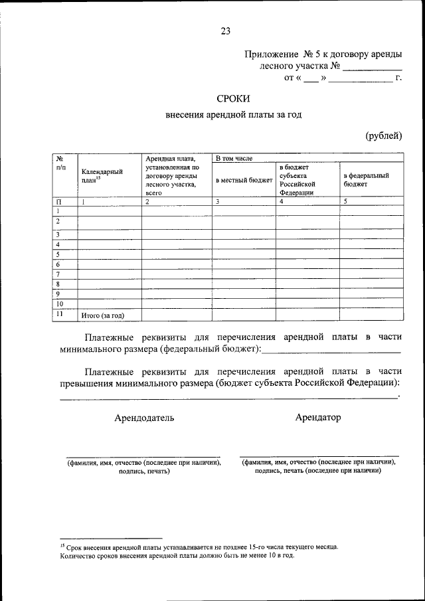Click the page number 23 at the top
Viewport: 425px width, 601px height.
click(225, 31)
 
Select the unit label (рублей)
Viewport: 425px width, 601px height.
click(383, 135)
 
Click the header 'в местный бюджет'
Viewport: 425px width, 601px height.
click(244, 180)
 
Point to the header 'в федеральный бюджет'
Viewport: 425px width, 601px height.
click(366, 180)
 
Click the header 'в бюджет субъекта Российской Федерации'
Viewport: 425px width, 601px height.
click(297, 180)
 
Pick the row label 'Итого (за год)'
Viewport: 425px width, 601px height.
click(102, 315)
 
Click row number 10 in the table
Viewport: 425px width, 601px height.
click(59, 303)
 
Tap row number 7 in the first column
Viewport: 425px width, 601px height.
click(58, 274)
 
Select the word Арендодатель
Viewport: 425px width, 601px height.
click(144, 418)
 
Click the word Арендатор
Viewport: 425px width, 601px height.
click(317, 417)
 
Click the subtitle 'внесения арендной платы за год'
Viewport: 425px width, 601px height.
click(233, 115)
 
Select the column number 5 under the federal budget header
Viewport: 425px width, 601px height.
click(345, 201)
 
